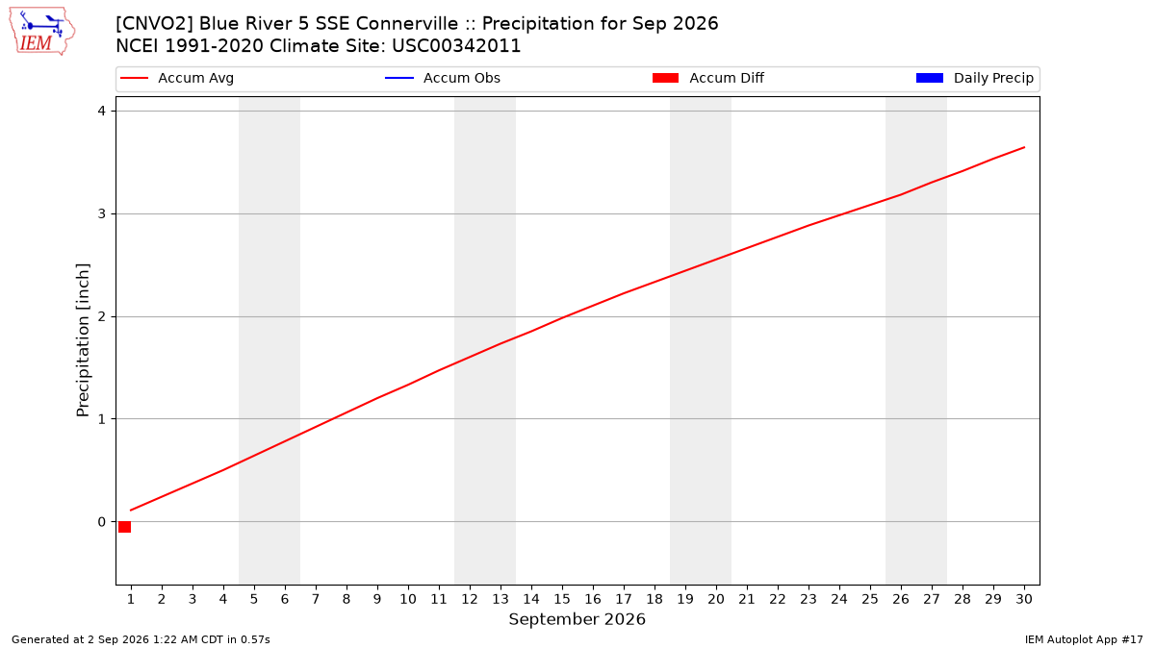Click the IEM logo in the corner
pos(42,32)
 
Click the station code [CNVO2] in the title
pos(154,24)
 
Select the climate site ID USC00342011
pos(456,46)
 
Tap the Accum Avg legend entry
pos(177,78)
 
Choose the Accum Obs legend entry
pos(443,78)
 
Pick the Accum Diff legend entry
pos(708,78)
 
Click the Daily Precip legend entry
pos(974,78)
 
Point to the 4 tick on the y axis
pos(102,111)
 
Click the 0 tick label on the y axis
pos(102,522)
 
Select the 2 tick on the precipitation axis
pos(102,316)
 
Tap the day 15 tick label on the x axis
pos(562,599)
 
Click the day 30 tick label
pos(1024,599)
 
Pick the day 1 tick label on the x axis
pos(131,599)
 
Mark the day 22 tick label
pos(778,599)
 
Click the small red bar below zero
pos(124,527)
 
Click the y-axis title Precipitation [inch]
pos(83,340)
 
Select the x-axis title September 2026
pos(577,619)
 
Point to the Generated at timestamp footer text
pos(141,639)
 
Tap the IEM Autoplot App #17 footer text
pos(1084,639)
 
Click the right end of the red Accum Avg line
pos(1024,147)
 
